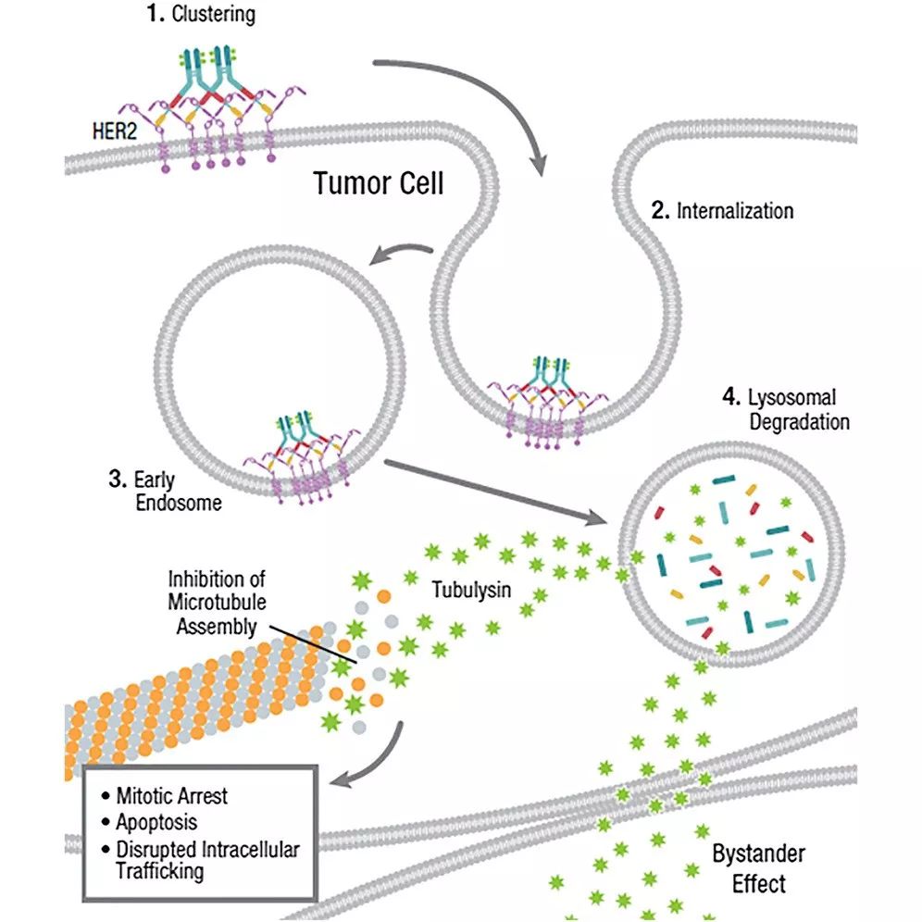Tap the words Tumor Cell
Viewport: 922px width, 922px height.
click(378, 182)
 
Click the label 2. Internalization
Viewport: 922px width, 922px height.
click(722, 210)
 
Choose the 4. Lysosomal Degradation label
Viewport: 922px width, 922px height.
click(786, 409)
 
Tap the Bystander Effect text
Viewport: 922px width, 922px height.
click(758, 867)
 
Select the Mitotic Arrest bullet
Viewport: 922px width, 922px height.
click(170, 795)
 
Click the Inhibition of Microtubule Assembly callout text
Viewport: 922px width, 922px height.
click(216, 603)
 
